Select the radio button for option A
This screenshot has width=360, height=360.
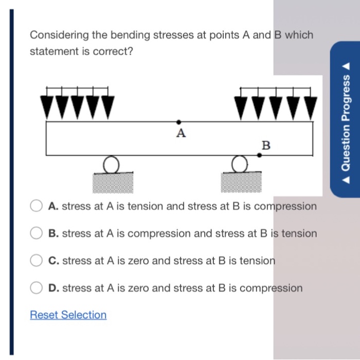[35, 206]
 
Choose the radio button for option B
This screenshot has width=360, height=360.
[35, 233]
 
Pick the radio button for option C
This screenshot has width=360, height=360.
[35, 261]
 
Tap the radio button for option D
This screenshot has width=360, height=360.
[35, 288]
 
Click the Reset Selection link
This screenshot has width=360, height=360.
[68, 315]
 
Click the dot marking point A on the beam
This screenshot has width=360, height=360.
[178, 122]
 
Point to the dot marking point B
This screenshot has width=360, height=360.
[259, 154]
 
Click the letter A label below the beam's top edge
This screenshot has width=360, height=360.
[180, 134]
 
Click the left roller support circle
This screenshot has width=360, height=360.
[110, 165]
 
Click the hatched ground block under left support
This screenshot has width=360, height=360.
[110, 182]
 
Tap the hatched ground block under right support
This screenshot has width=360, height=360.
[239, 182]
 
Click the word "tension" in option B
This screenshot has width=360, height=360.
[298, 233]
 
